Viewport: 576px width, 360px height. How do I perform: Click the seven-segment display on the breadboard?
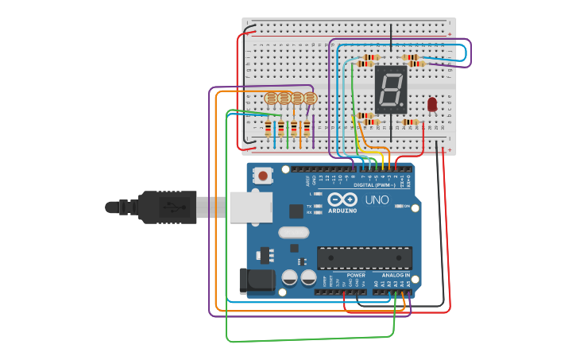(390, 88)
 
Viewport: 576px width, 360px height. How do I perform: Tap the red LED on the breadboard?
(432, 104)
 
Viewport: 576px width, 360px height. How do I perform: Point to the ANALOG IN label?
(390, 275)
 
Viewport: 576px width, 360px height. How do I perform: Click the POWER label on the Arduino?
(356, 275)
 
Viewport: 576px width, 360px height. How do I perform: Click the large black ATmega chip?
(365, 257)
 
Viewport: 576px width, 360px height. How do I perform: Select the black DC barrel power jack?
(256, 281)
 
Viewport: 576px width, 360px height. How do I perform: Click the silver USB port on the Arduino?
(250, 207)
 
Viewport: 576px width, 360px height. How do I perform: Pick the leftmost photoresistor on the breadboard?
(271, 99)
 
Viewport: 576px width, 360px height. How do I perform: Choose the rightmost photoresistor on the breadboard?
(310, 99)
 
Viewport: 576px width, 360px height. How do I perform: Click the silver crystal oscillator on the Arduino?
(293, 233)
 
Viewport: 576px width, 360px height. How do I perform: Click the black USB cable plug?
(167, 207)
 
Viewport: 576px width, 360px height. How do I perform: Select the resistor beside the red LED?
(410, 122)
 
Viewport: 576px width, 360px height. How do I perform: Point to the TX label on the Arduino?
(309, 206)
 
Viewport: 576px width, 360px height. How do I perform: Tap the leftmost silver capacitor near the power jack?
(290, 277)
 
